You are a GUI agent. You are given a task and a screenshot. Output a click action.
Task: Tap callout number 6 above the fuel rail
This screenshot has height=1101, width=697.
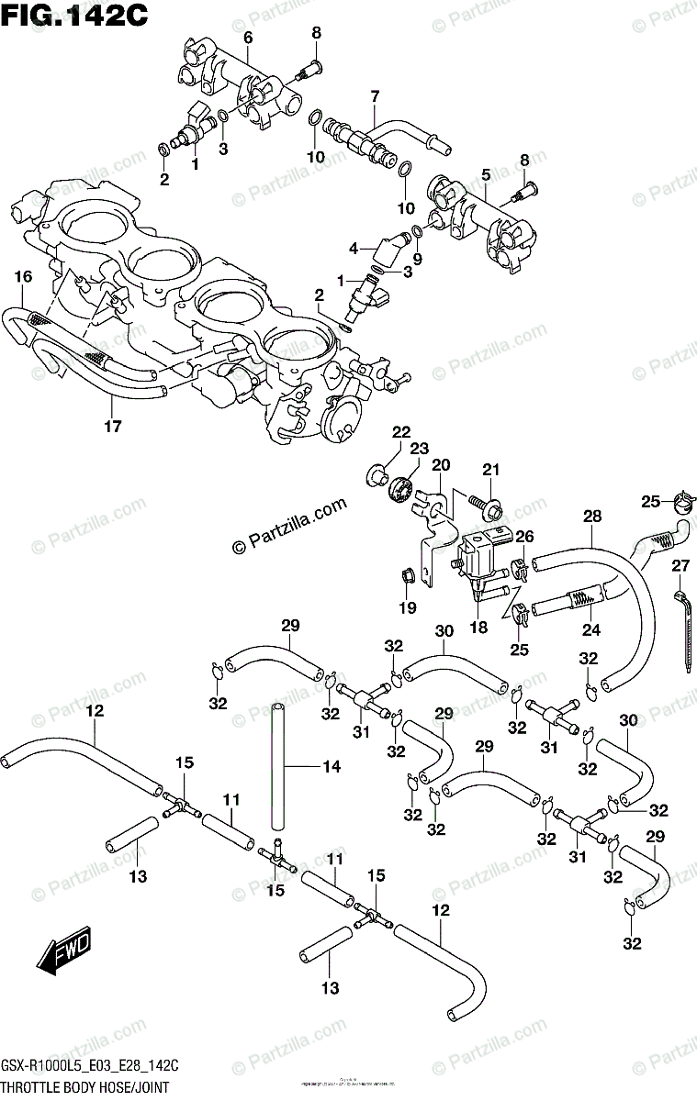(247, 37)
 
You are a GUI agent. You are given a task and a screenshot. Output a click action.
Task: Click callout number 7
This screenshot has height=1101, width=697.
(375, 96)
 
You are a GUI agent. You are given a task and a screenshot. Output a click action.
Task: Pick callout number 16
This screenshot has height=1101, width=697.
(23, 276)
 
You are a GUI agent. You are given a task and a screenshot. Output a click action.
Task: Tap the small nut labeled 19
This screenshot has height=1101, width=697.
(405, 576)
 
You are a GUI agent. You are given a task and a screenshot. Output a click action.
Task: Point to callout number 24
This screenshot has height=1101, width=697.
(590, 630)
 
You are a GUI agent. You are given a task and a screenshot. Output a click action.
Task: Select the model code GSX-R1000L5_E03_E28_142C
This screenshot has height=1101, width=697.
(89, 1069)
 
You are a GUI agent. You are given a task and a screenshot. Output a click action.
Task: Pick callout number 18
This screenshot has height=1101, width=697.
(477, 628)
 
